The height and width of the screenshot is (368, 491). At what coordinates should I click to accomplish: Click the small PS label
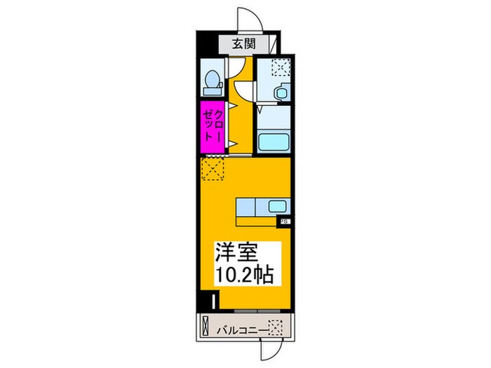click(285, 222)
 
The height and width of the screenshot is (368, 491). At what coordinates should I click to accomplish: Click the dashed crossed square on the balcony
click(276, 327)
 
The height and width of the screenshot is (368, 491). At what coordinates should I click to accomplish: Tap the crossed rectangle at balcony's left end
click(205, 327)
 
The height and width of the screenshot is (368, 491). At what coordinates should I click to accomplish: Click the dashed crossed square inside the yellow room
click(211, 169)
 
